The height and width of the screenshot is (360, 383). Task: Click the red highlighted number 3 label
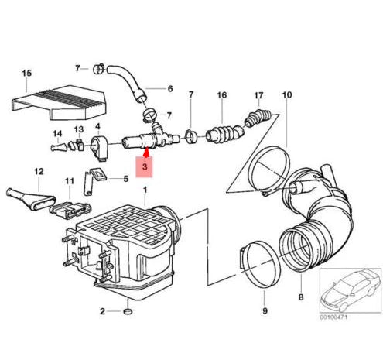pos(145,166)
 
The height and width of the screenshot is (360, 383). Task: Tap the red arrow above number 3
pos(145,147)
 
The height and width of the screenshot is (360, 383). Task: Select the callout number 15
pos(26,74)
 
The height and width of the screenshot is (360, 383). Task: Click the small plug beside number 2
pos(128,312)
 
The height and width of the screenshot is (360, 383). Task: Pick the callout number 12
pos(37,171)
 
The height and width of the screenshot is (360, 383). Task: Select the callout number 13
pos(78,129)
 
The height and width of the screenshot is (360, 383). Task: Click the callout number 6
pos(169,89)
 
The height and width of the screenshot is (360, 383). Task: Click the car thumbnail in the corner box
pos(349,290)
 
